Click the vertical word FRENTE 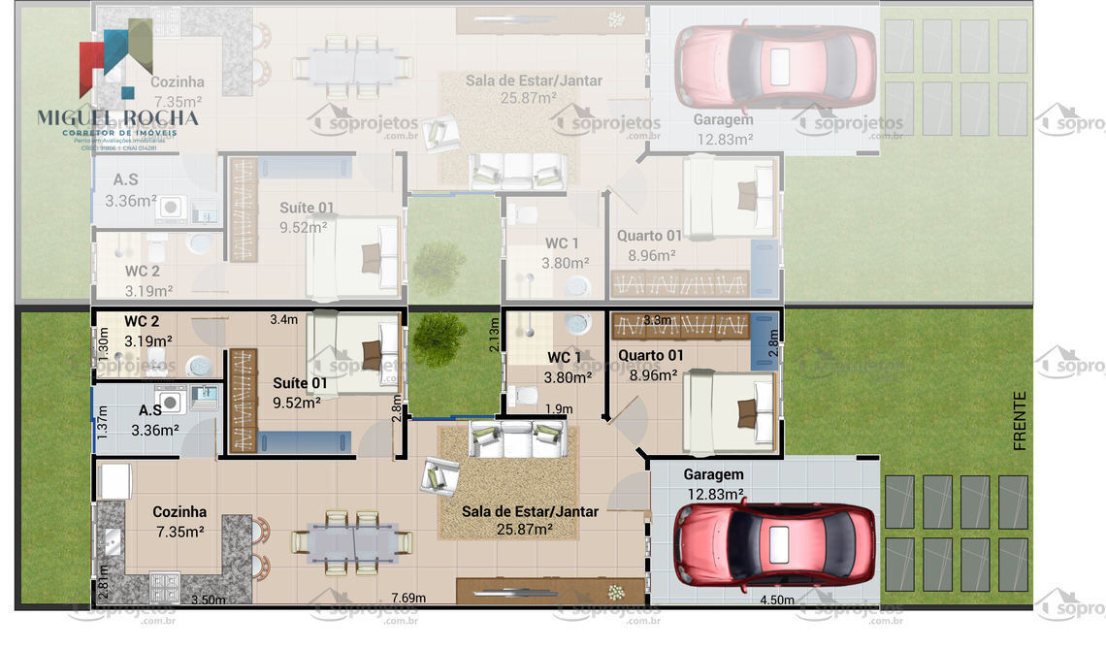(1019, 420)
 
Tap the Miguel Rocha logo (116, 87)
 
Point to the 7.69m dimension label (408, 598)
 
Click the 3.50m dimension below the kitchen (208, 599)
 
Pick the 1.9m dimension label (558, 409)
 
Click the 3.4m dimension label (283, 319)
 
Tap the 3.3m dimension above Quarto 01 (657, 320)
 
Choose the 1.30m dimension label (104, 344)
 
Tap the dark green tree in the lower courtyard (439, 335)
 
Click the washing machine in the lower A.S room (171, 400)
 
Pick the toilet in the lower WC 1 (525, 395)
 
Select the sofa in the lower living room (516, 438)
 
